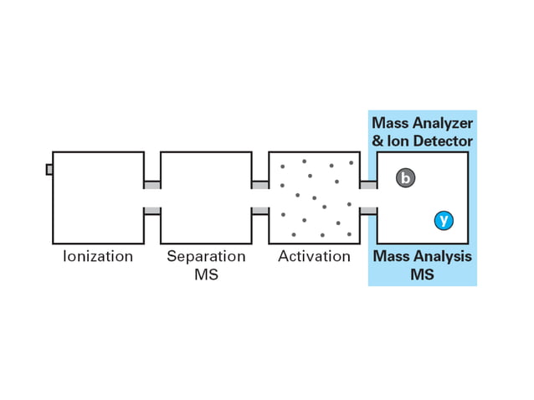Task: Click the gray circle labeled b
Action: (406, 177)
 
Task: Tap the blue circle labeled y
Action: (444, 220)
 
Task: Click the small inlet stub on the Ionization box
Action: (49, 170)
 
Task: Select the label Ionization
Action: (98, 257)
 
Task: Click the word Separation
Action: (206, 257)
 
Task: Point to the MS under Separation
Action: (206, 274)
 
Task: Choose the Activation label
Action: (314, 257)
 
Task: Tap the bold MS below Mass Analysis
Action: (422, 274)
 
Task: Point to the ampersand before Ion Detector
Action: (377, 141)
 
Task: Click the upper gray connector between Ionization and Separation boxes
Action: (151, 185)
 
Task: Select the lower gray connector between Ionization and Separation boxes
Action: (151, 211)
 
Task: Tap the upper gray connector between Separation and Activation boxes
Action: (259, 185)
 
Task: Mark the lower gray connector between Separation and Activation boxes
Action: (259, 211)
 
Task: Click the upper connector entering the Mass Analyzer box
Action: (367, 185)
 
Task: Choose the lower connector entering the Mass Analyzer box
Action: (367, 211)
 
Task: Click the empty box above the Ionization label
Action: (98, 197)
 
